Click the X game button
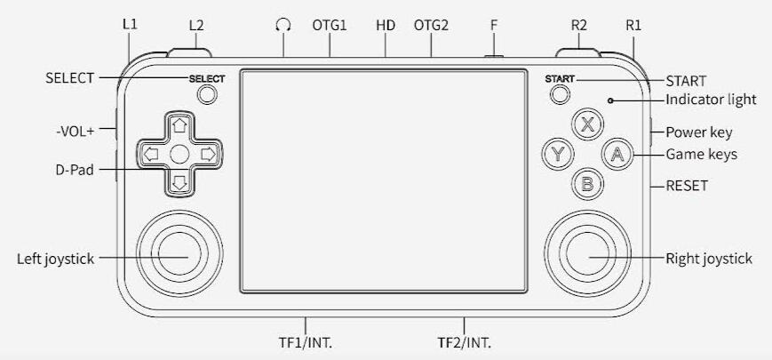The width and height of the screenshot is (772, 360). [587, 124]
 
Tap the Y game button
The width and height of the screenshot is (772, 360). [557, 154]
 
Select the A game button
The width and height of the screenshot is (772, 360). [617, 154]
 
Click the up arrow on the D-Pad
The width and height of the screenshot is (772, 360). [179, 125]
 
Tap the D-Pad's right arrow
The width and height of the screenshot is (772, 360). [208, 155]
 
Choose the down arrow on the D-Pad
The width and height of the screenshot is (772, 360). [179, 183]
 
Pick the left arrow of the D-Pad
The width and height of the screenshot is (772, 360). [151, 155]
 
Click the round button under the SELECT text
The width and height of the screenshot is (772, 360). [207, 94]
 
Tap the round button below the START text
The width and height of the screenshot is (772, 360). [560, 94]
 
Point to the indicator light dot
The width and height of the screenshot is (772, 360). [610, 100]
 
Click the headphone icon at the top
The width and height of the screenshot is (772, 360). [283, 25]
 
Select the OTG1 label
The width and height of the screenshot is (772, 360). [330, 25]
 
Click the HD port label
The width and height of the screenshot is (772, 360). [386, 25]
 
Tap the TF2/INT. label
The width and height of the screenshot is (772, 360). [465, 342]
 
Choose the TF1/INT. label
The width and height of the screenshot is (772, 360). [306, 342]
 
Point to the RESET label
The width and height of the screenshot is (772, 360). [687, 186]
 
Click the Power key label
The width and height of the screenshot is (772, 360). [698, 132]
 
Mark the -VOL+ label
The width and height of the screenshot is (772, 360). [75, 132]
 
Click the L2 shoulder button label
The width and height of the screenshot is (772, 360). [196, 25]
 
